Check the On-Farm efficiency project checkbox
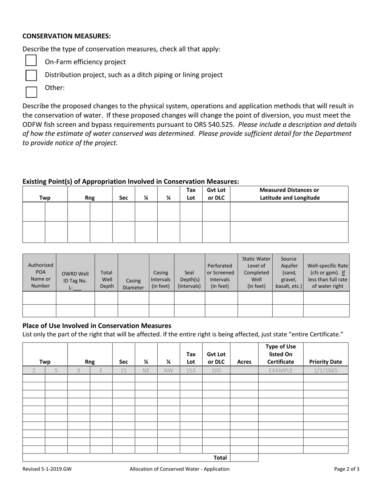coord(31,60)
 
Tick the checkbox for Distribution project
coord(31,75)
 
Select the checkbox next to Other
coord(31,91)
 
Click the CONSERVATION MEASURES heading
coord(66,36)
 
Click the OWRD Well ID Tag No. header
coord(75,277)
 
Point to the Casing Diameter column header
coord(133,284)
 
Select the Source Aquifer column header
coord(288,272)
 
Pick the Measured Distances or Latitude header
coord(289,194)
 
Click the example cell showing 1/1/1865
coord(326,370)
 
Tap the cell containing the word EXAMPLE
coord(281,370)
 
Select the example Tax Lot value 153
coord(191,370)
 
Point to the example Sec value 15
coord(123,370)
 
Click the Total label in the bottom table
coord(220,458)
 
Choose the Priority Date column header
coord(326,361)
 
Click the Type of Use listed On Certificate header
coord(281,354)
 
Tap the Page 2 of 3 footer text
coord(347,469)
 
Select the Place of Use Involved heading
coord(97,326)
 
